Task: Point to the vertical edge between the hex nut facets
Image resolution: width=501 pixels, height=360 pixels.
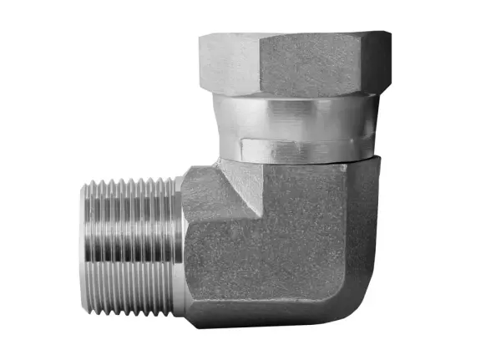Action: coord(260,63)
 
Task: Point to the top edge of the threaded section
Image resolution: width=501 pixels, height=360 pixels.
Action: coord(129,180)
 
